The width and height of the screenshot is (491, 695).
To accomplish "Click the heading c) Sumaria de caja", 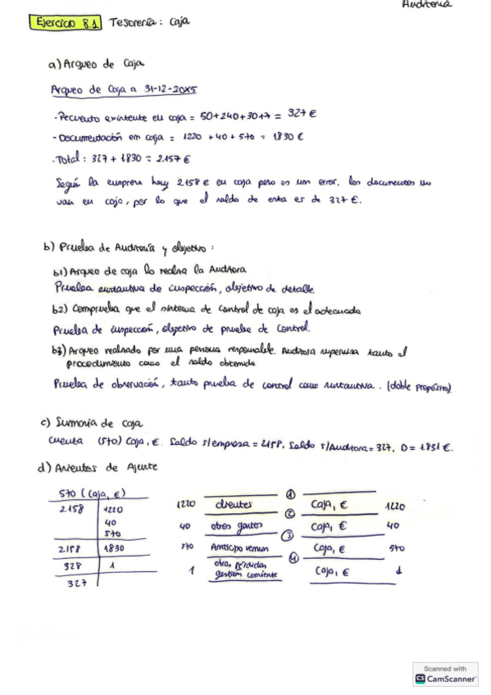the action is (91, 423).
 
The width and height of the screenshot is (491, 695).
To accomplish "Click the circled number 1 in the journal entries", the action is (289, 493).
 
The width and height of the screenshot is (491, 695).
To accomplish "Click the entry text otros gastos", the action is (238, 526).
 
